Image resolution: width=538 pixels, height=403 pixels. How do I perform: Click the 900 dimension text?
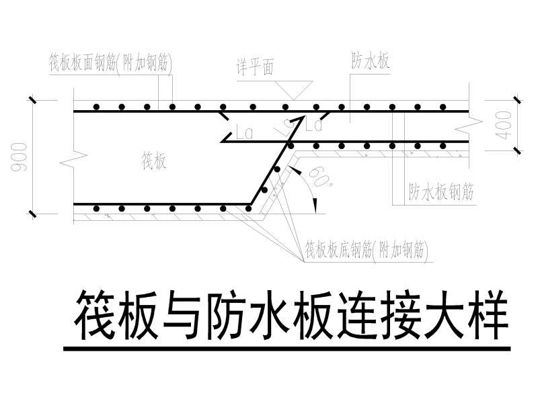tap(20, 156)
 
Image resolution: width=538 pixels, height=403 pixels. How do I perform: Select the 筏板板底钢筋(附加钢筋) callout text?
tap(367, 250)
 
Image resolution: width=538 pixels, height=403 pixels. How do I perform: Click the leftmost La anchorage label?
tap(245, 134)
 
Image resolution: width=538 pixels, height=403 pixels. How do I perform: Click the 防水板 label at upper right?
tap(371, 62)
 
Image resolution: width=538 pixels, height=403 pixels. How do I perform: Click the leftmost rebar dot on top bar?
tap(97, 107)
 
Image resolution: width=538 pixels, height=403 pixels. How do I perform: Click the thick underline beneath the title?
tap(286, 349)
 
